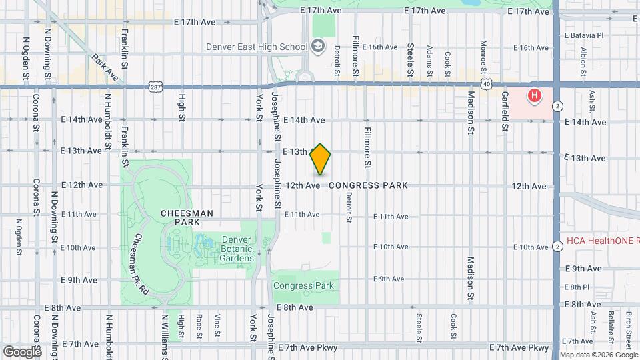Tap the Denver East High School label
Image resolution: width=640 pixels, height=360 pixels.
click(256, 47)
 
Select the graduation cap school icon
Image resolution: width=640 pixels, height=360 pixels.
click(318, 46)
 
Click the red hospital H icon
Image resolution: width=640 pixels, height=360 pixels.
click(534, 97)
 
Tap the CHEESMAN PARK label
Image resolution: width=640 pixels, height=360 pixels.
click(187, 217)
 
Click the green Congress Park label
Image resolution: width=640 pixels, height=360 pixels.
click(303, 285)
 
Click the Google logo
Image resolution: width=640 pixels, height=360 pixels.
click(21, 351)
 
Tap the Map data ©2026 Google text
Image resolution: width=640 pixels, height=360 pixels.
click(599, 355)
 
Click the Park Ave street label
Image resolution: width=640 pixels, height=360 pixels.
click(105, 68)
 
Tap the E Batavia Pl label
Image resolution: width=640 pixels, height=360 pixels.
click(583, 35)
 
